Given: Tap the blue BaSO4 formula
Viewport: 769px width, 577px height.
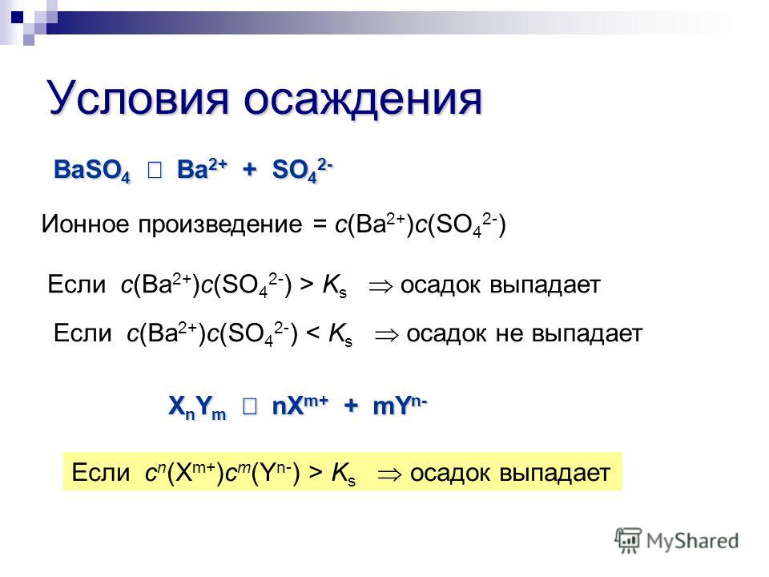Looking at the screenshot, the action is [x=92, y=171].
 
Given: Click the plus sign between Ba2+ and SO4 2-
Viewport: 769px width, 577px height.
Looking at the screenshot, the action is [x=250, y=169].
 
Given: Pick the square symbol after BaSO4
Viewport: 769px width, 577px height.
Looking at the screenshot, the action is [x=155, y=170].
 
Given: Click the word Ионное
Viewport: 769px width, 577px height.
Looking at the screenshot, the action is [x=87, y=224].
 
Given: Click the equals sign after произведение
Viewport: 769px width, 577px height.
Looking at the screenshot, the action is [x=320, y=225].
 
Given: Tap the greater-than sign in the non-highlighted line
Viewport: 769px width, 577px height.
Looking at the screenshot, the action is [x=307, y=284].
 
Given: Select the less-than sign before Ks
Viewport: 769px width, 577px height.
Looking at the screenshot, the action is [x=313, y=333].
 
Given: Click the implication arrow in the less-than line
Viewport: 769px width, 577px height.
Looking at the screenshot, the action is [x=386, y=336].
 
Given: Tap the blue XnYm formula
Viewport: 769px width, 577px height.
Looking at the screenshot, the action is [x=197, y=407].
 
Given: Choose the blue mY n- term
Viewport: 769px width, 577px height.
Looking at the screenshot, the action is [x=400, y=406].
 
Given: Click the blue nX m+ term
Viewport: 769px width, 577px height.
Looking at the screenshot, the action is [x=300, y=406].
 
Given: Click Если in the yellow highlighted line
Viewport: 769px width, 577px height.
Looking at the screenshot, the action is [x=101, y=473].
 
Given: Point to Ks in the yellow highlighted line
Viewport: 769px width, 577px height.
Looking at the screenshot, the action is [x=344, y=474].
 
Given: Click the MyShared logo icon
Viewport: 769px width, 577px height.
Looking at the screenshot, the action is [x=628, y=540].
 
